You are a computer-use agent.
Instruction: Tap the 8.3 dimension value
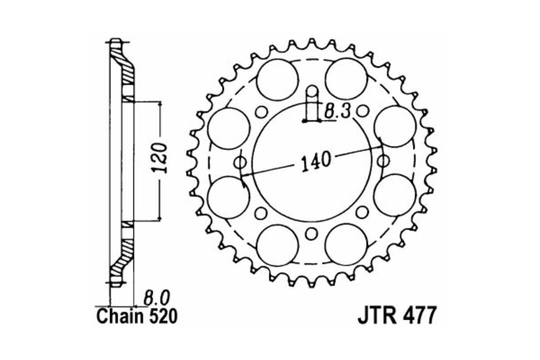(x=338, y=111)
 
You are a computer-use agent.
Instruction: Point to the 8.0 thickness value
(x=157, y=298)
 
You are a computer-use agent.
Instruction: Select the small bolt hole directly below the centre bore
(x=310, y=234)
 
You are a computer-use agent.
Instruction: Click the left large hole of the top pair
(x=278, y=78)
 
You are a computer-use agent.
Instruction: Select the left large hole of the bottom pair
(x=277, y=245)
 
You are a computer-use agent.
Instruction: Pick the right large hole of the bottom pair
(x=345, y=245)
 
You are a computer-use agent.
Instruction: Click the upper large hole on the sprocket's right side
(x=395, y=126)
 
